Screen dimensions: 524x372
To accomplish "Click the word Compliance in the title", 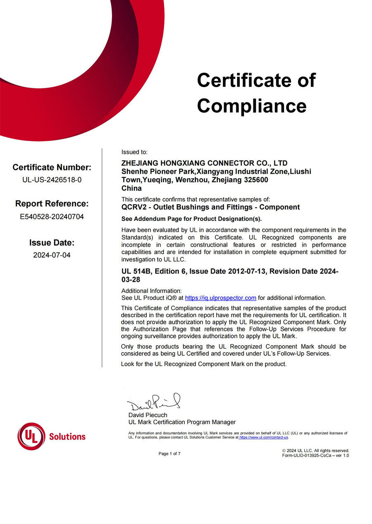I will (252, 106).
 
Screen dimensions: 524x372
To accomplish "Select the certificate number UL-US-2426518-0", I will (52, 180).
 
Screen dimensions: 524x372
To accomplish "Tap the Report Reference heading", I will (52, 203).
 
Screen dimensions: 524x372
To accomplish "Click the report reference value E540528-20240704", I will (52, 216).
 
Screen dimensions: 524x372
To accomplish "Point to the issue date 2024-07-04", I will (52, 255).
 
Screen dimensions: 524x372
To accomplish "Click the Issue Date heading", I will (52, 243).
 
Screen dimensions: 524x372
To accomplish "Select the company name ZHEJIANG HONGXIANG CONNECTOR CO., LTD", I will (204, 163).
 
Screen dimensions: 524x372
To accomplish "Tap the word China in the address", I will (131, 189).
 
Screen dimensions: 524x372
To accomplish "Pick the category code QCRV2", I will (133, 207).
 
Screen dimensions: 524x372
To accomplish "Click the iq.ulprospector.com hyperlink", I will (220, 298).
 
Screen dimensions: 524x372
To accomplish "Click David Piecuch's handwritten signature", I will (153, 401).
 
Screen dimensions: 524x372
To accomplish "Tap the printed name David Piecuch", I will (148, 415).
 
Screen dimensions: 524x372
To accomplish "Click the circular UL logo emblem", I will (31, 436).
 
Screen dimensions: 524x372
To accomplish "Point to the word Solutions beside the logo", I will (67, 437).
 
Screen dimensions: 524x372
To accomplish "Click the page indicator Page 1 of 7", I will (169, 454).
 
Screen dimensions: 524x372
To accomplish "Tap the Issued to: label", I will (134, 152).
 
